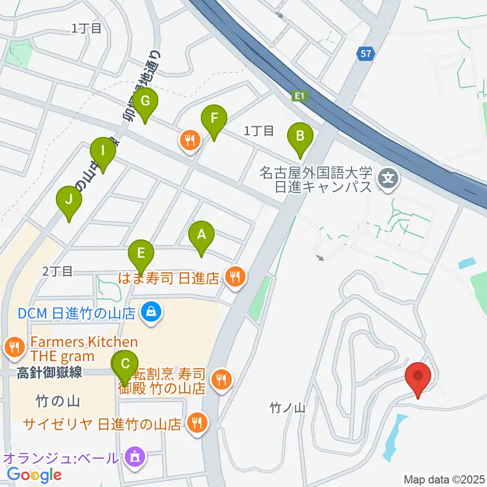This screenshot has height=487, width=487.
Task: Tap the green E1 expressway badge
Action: click(x=298, y=96)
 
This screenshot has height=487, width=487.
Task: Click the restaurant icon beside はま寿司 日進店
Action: click(x=234, y=277)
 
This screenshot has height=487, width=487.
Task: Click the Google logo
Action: click(x=34, y=475)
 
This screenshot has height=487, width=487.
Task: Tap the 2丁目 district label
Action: click(x=58, y=272)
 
